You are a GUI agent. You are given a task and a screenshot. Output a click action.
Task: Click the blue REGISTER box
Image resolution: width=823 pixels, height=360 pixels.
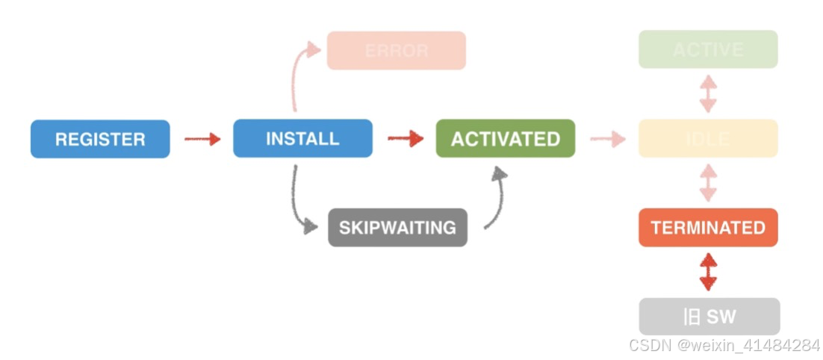click(100, 139)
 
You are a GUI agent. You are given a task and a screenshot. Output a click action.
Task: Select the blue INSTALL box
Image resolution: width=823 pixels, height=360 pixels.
click(302, 138)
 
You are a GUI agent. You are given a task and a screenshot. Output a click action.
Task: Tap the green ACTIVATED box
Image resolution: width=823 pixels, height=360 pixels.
click(506, 139)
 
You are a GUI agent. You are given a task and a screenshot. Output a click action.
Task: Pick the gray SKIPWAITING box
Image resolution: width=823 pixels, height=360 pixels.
click(397, 227)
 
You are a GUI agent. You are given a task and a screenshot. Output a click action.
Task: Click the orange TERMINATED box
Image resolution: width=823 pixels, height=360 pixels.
click(708, 227)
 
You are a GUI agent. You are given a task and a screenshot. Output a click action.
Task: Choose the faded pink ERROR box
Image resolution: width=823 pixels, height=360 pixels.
click(397, 51)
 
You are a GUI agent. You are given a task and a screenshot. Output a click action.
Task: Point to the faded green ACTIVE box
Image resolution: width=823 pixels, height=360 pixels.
click(708, 50)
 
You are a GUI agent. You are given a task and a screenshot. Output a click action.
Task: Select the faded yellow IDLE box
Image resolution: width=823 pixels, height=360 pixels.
click(708, 138)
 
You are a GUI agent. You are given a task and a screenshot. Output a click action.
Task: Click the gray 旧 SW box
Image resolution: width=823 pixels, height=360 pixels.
click(709, 317)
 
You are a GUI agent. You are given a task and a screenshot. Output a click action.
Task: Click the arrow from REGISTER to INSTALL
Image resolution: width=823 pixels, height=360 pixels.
click(202, 139)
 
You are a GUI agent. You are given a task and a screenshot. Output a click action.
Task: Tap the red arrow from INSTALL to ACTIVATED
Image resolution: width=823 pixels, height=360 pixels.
click(406, 139)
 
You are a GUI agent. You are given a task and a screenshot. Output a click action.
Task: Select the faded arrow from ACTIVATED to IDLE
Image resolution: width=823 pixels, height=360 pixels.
click(607, 139)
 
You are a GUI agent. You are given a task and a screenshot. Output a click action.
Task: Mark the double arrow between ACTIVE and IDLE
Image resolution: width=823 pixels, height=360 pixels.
click(708, 94)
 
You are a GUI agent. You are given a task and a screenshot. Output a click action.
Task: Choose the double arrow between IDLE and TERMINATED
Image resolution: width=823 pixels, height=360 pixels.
click(708, 182)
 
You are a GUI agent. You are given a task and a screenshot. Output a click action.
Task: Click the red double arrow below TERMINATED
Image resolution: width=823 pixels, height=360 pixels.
click(708, 272)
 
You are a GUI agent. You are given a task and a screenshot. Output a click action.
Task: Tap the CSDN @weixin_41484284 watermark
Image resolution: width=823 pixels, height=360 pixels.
click(724, 345)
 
